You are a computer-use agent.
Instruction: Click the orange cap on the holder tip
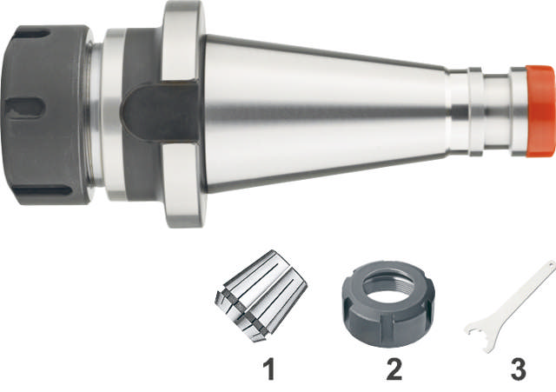coord(540,111)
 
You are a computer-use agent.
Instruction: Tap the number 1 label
coord(269,369)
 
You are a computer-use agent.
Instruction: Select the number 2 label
coord(394,369)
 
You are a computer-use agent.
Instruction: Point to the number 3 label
coord(518,369)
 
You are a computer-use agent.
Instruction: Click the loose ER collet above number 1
coord(261,296)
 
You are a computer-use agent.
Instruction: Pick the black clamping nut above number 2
coord(388,304)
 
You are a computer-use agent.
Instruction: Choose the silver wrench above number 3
coord(511,306)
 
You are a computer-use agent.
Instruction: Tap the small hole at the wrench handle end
coord(551,264)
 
